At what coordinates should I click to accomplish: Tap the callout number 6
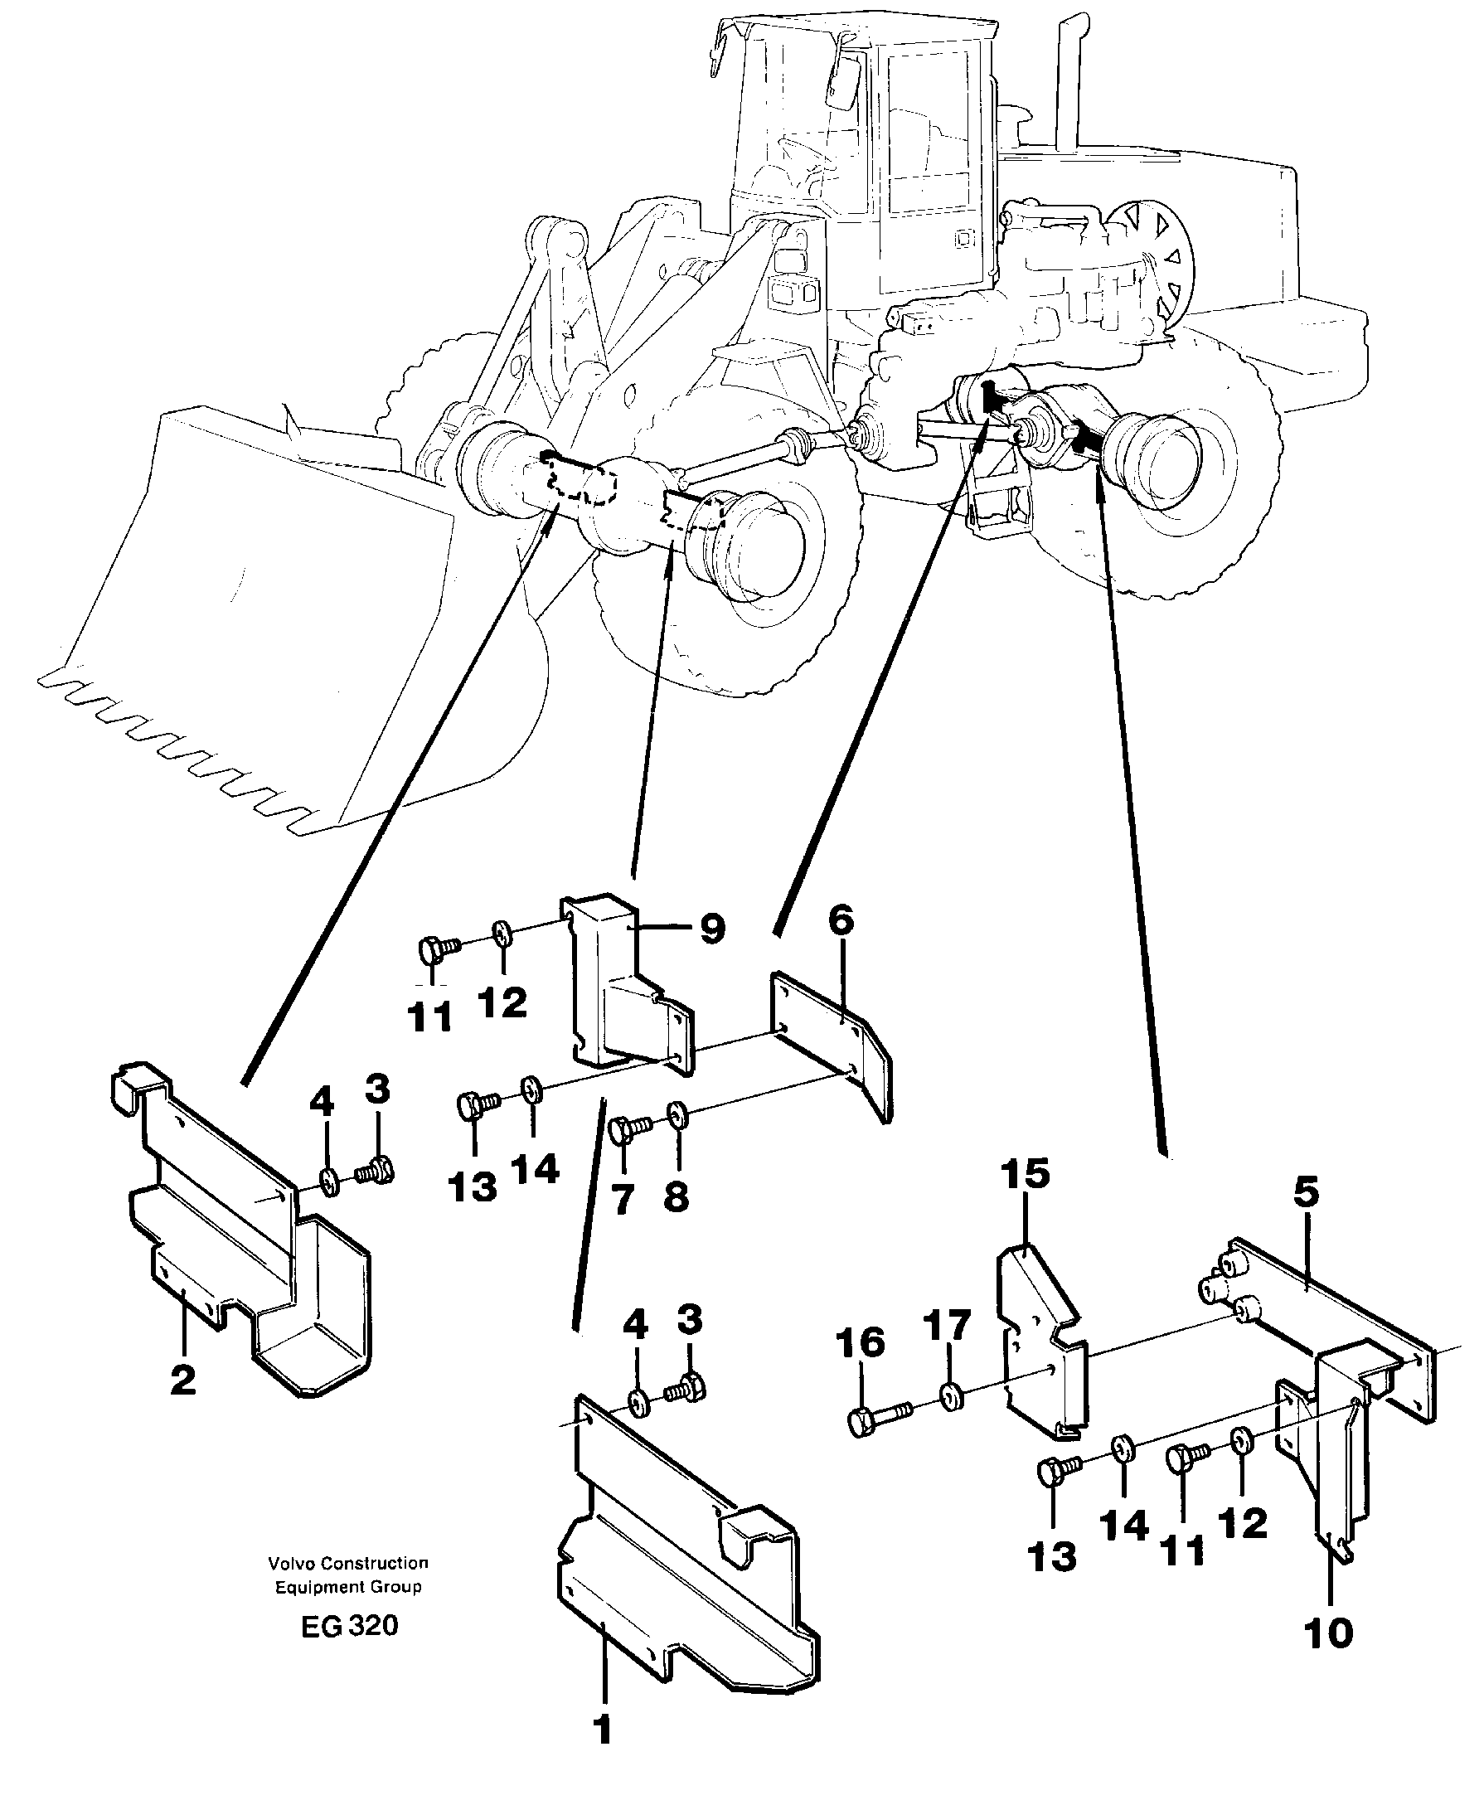pyautogui.click(x=841, y=920)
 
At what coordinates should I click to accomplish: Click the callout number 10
pyautogui.click(x=1329, y=1633)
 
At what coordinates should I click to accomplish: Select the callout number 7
pyautogui.click(x=623, y=1201)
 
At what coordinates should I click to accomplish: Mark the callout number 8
pyautogui.click(x=677, y=1196)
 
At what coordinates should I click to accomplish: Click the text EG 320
pyautogui.click(x=349, y=1625)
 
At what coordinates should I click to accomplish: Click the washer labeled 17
pyautogui.click(x=951, y=1397)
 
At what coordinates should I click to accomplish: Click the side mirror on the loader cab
pyautogui.click(x=840, y=81)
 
